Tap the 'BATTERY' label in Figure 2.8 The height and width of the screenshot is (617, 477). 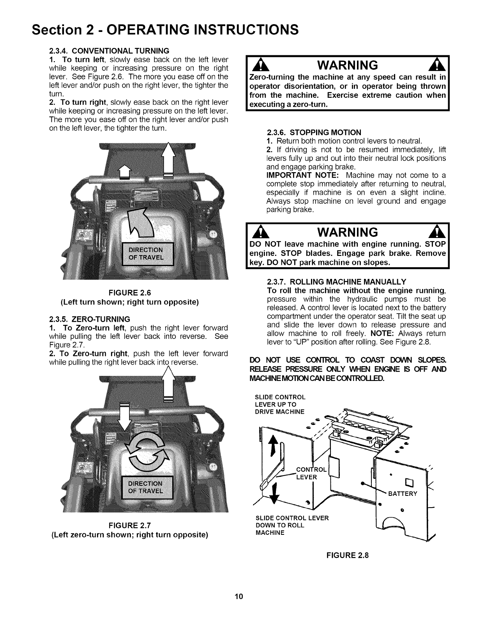403,494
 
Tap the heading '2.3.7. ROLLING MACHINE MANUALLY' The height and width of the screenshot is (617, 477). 337,282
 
